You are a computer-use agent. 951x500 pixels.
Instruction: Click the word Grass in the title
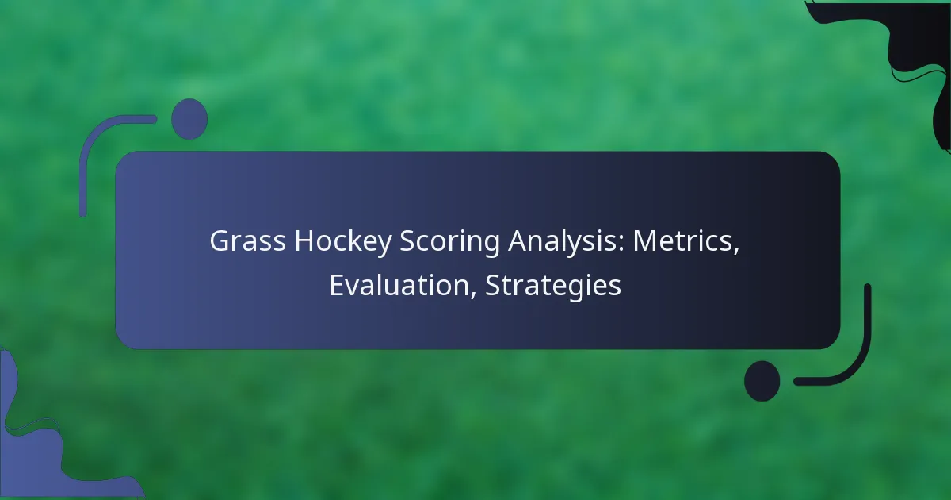click(247, 241)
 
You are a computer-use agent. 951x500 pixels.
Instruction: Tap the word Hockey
click(343, 243)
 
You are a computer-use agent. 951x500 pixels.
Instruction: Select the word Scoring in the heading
click(449, 243)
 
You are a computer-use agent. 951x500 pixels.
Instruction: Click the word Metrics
click(682, 241)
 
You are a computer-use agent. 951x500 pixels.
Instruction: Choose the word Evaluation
click(399, 285)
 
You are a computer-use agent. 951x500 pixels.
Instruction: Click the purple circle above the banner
click(189, 119)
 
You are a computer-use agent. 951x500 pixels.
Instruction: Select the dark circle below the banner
click(762, 381)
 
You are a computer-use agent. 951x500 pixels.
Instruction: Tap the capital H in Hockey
click(304, 241)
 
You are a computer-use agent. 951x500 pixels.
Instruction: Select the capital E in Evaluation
click(337, 285)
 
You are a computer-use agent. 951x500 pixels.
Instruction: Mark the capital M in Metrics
click(646, 241)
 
